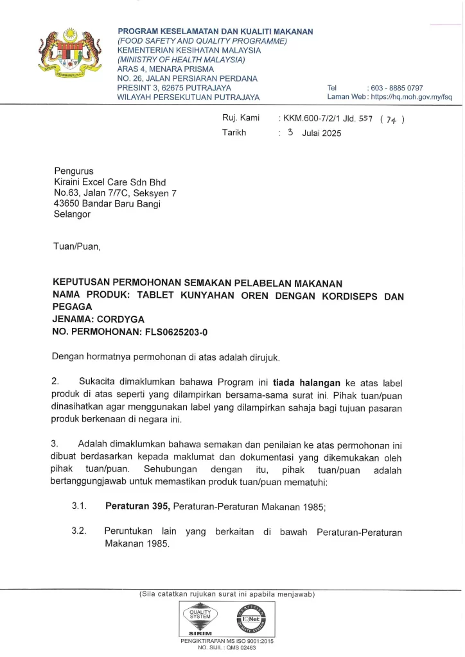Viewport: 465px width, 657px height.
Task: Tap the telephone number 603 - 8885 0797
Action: [397, 88]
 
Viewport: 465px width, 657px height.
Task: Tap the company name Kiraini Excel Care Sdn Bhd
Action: [110, 182]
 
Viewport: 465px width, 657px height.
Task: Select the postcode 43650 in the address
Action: [66, 204]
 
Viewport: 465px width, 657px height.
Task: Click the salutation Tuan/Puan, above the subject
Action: [77, 246]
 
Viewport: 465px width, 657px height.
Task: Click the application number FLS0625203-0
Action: [171, 331]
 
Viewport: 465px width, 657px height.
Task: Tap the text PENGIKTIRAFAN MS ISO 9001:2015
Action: [227, 641]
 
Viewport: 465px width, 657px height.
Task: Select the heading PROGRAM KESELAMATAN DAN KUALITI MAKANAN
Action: [215, 31]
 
